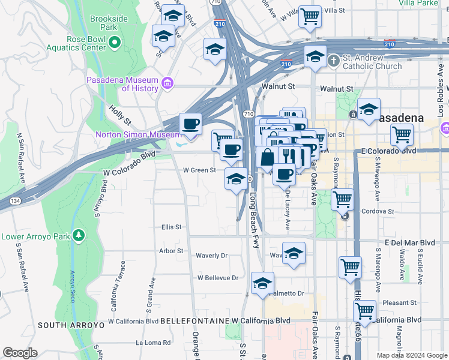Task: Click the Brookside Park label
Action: [109, 23]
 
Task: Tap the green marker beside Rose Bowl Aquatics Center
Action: [116, 43]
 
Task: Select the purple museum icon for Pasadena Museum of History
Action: [167, 83]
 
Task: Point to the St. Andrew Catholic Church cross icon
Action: [334, 60]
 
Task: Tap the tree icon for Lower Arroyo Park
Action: [77, 235]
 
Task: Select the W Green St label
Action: [199, 170]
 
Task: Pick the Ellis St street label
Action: [171, 227]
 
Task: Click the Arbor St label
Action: [171, 251]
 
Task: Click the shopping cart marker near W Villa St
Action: [310, 17]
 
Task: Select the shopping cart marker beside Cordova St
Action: [343, 200]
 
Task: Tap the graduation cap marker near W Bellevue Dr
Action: [262, 284]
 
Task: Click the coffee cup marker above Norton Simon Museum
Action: [191, 124]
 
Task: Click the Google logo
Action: [19, 352]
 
